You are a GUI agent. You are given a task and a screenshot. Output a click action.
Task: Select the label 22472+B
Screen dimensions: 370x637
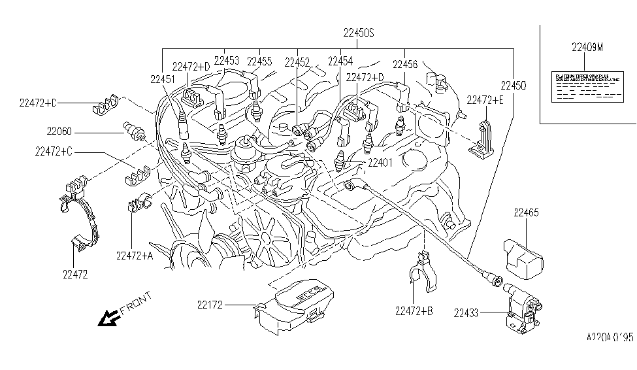(x=414, y=311)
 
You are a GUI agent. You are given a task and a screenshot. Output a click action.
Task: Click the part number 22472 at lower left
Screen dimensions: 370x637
(x=76, y=275)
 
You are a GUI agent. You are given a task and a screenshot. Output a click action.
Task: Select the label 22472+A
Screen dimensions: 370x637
(x=135, y=256)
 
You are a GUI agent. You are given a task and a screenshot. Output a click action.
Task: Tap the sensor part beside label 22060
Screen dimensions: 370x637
(x=132, y=130)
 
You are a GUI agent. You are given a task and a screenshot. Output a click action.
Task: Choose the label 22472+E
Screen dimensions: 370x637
(x=485, y=99)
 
